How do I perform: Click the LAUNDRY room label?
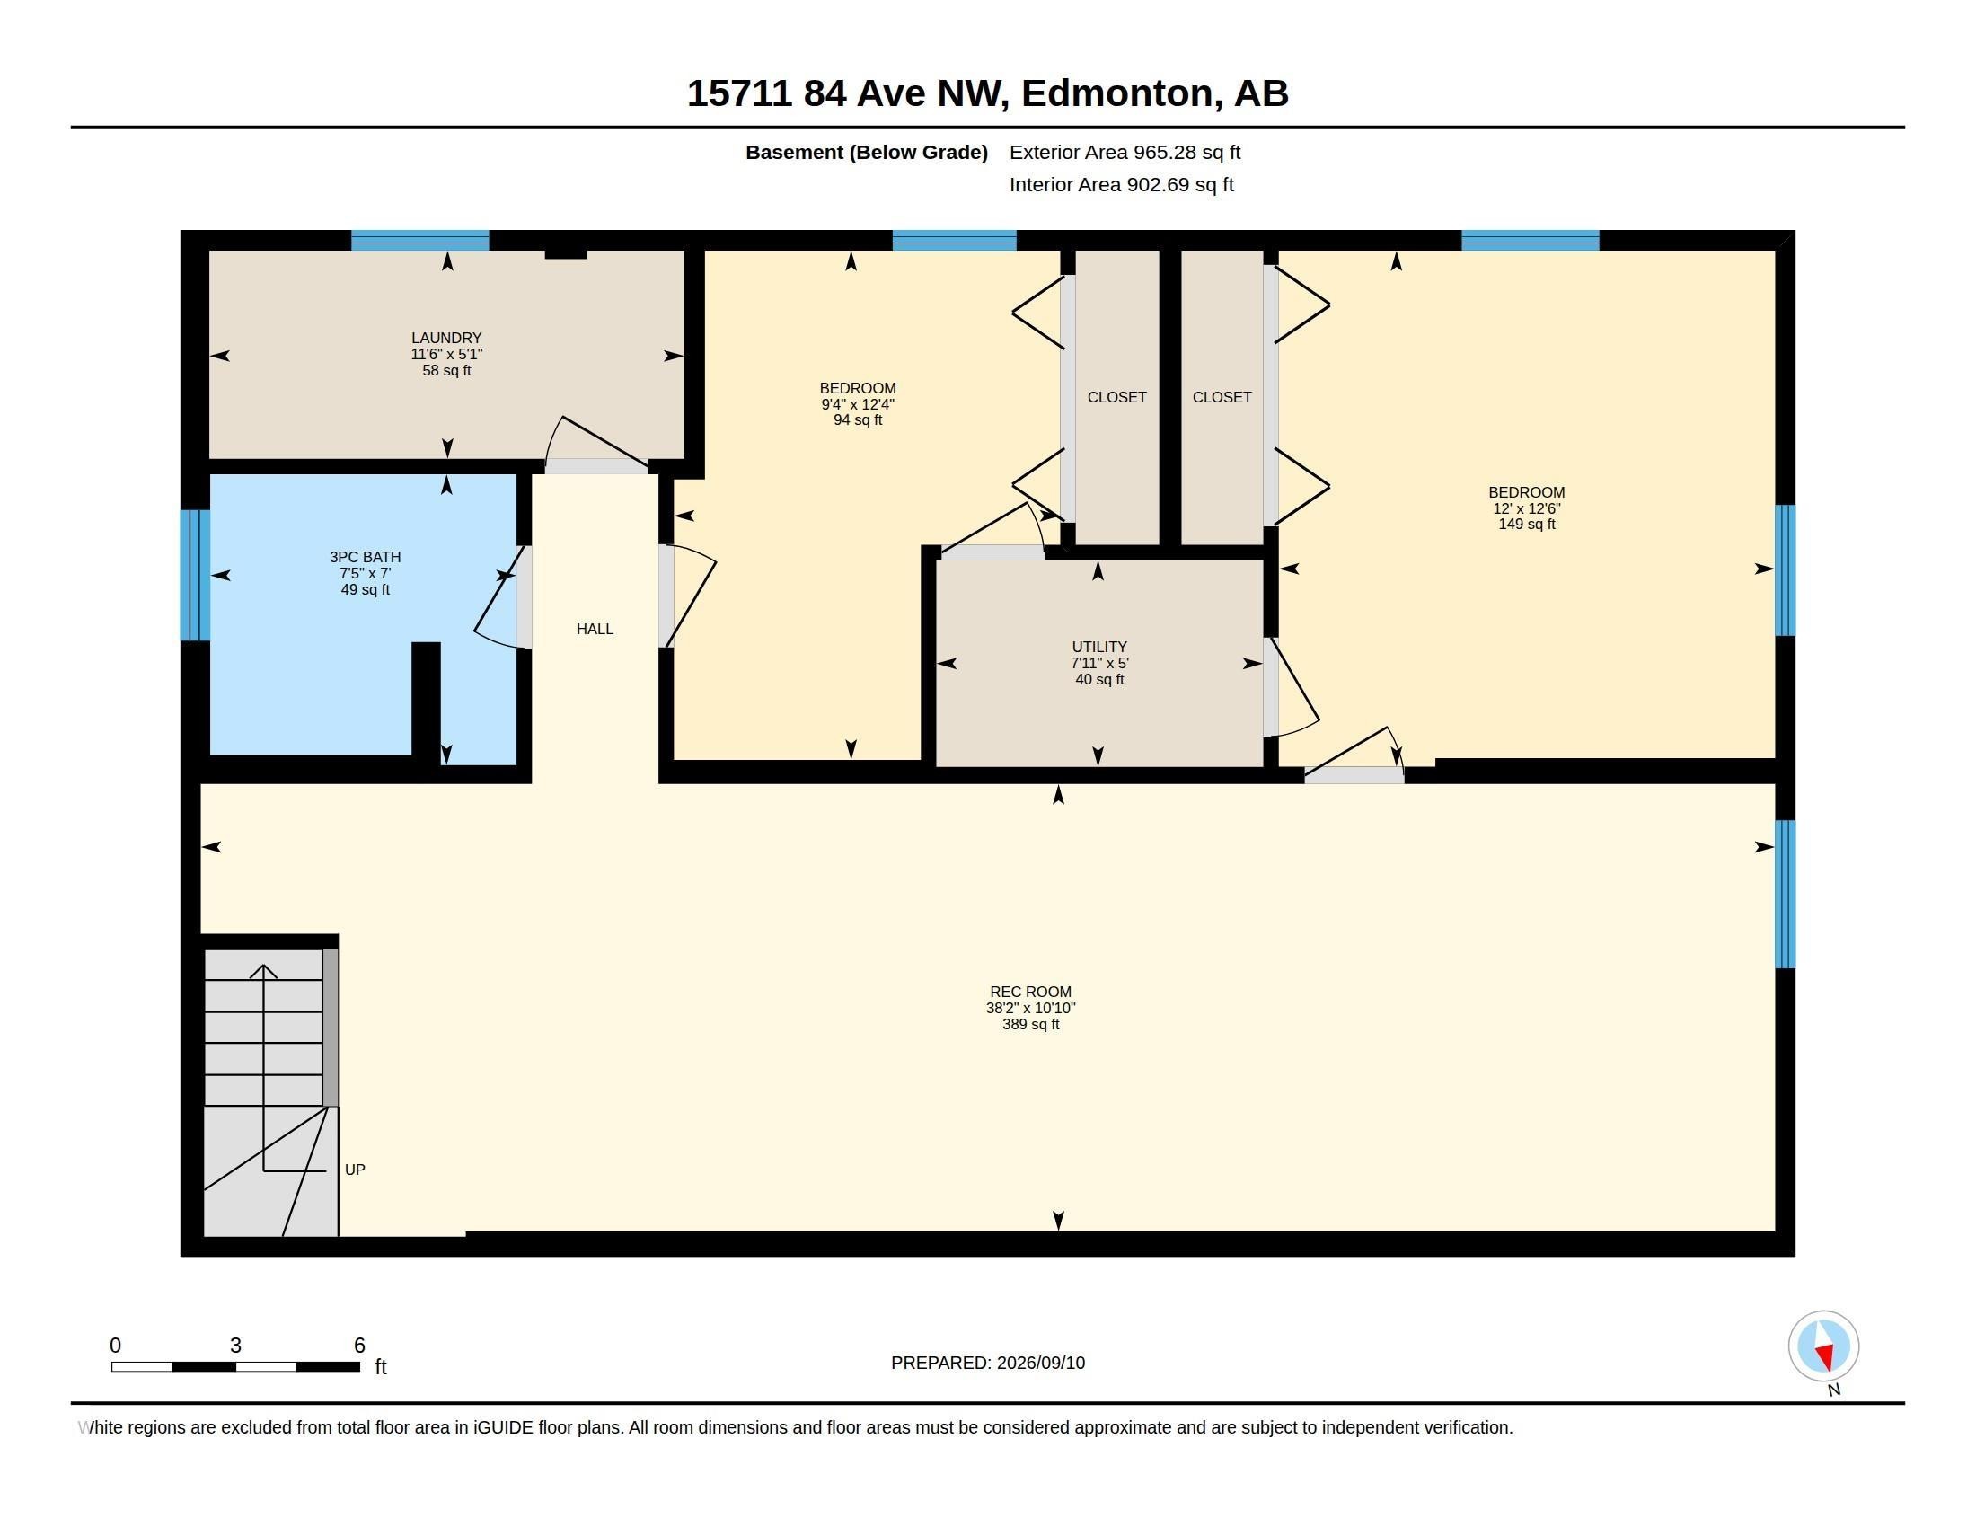(x=446, y=338)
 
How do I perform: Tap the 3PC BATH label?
(x=366, y=557)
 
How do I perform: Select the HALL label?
(x=595, y=629)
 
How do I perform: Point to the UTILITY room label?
(x=1099, y=647)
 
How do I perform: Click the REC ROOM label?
(x=1030, y=992)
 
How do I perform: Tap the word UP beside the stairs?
(x=355, y=1170)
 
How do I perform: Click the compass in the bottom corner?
(x=1823, y=1346)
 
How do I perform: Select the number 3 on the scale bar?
(x=235, y=1346)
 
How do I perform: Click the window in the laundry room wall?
(x=419, y=241)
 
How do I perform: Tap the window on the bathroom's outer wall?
(x=195, y=576)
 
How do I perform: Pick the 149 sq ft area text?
(x=1526, y=524)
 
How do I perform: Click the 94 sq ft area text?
(x=858, y=419)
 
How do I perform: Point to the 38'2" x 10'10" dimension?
(x=1030, y=1008)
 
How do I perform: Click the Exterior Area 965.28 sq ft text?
(x=1125, y=152)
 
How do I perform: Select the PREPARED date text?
(x=988, y=1363)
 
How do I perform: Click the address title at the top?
(x=987, y=93)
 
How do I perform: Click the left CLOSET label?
(x=1116, y=397)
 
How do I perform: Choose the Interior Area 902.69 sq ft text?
(x=1121, y=184)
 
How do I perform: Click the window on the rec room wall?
(x=1784, y=894)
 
